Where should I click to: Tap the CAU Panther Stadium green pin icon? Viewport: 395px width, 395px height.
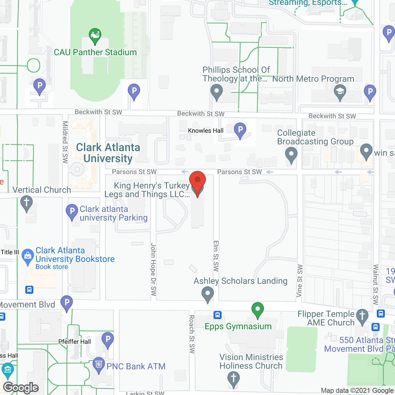click(95, 36)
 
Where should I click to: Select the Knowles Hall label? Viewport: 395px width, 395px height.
click(206, 131)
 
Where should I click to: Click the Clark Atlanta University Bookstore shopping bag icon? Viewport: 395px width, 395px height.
click(28, 256)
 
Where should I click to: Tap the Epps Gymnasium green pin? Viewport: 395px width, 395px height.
click(257, 310)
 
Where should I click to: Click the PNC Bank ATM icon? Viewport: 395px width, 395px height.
click(99, 365)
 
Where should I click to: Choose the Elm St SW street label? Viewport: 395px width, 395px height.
click(216, 256)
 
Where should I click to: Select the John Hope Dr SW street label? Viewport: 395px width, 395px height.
click(153, 269)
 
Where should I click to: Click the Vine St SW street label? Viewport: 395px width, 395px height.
click(299, 281)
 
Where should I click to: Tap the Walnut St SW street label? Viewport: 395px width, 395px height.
click(376, 284)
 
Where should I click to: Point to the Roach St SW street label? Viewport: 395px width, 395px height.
click(192, 334)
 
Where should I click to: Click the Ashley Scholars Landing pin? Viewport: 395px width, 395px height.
click(208, 294)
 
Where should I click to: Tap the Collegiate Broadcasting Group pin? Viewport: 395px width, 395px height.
click(291, 155)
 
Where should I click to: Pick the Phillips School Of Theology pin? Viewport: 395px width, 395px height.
click(217, 92)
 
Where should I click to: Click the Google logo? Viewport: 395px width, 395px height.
click(21, 388)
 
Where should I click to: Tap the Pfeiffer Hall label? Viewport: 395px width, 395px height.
click(75, 342)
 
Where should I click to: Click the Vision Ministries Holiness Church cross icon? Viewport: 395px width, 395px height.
click(234, 379)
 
